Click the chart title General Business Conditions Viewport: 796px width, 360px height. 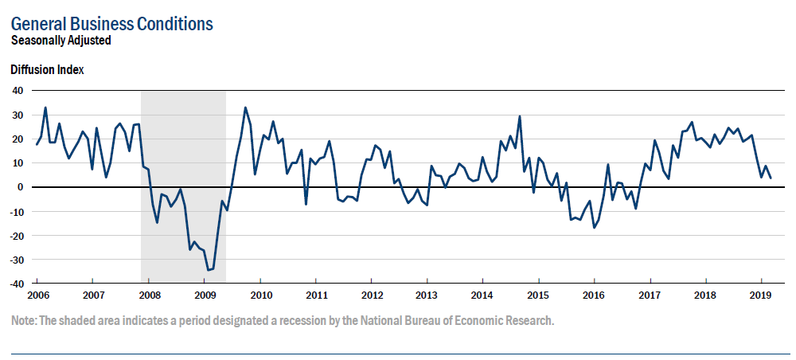click(112, 24)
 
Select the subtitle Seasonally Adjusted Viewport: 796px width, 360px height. click(60, 40)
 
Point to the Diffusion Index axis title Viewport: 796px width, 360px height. click(47, 69)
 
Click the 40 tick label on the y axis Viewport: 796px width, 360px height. click(18, 90)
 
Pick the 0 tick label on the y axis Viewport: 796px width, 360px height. click(21, 187)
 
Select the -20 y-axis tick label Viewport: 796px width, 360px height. click(16, 236)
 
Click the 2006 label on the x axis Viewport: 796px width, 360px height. click(37, 295)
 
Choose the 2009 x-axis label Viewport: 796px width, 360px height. click(205, 295)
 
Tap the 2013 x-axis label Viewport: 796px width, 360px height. click(427, 295)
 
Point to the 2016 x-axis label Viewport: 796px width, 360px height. click(594, 295)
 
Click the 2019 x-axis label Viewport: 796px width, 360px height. click(761, 295)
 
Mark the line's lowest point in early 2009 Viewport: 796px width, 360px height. click(209, 270)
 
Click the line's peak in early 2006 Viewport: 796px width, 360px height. click(45, 108)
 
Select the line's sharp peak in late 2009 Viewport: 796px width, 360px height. click(245, 108)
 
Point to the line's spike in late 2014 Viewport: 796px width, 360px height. click(520, 116)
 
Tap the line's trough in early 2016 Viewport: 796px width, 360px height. click(594, 228)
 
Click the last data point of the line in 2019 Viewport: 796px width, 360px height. click(771, 178)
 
